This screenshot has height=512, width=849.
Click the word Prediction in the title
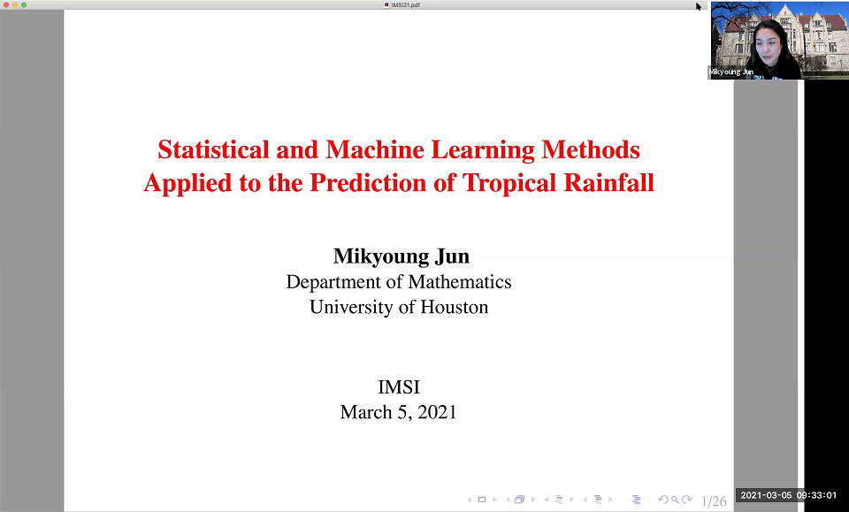pos(368,183)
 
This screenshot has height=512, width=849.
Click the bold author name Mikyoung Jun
pos(401,256)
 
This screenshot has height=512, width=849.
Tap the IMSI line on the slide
pos(398,387)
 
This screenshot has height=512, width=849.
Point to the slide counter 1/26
pos(713,501)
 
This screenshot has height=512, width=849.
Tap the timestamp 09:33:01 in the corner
pos(815,495)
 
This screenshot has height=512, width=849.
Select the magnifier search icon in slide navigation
pos(675,501)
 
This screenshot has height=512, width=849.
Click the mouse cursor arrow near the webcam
pos(699,7)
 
